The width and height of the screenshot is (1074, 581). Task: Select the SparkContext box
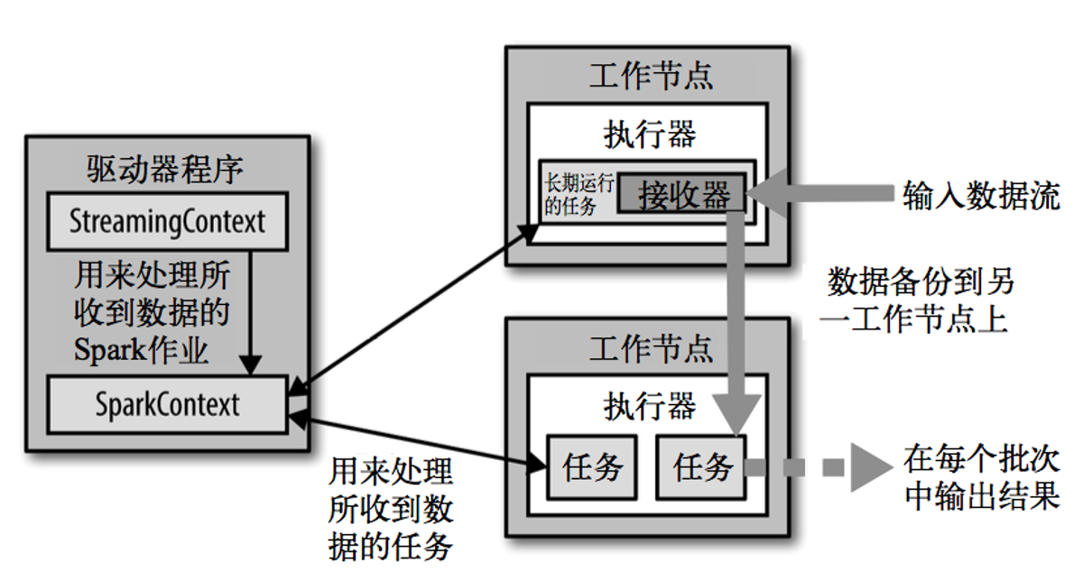(x=168, y=404)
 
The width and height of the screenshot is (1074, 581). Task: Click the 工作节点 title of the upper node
(x=650, y=75)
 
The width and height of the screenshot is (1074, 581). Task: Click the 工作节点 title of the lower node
(x=650, y=346)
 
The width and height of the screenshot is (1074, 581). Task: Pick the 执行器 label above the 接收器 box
(x=650, y=134)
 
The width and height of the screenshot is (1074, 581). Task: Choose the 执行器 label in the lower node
(x=650, y=406)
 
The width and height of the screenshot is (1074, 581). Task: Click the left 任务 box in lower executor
(x=592, y=466)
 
